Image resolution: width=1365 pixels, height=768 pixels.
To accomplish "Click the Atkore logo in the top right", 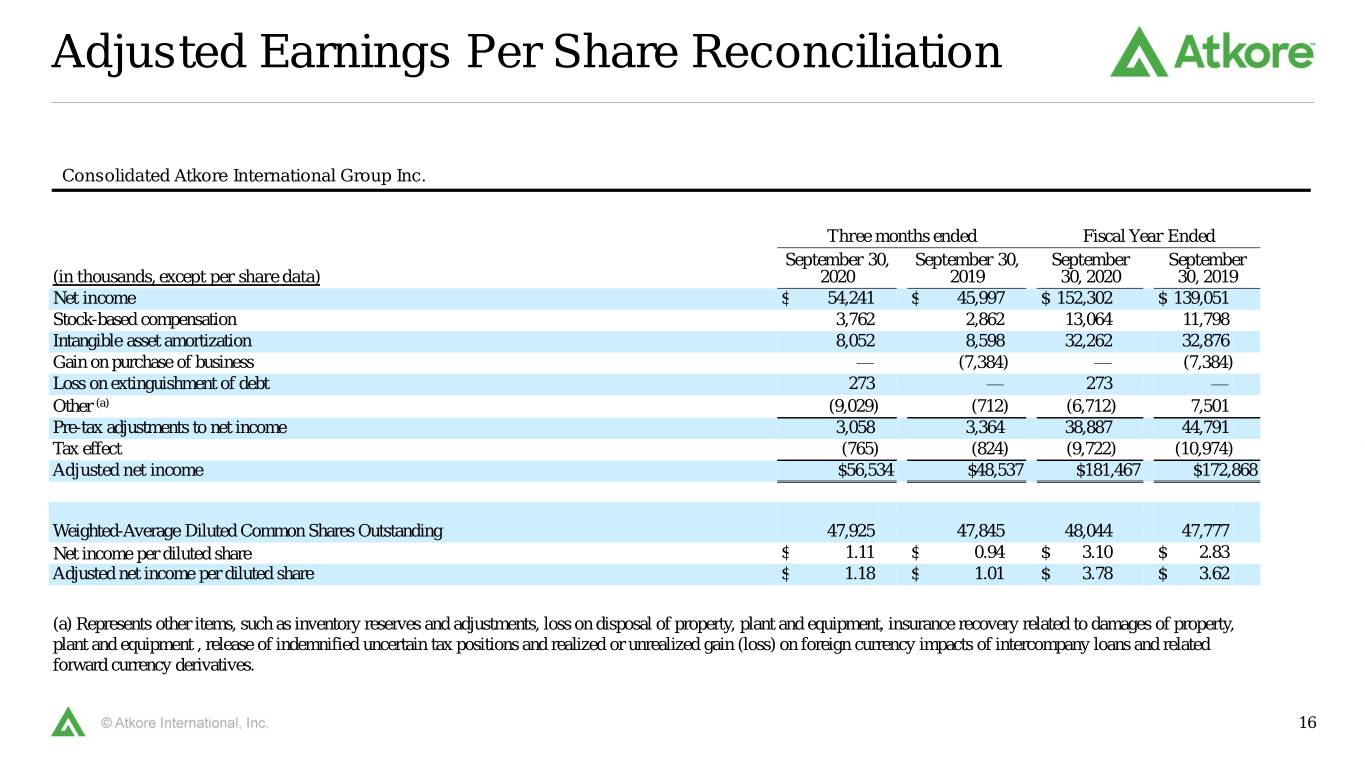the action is click(x=1212, y=52).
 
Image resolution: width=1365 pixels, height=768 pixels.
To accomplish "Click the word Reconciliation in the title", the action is click(x=846, y=52).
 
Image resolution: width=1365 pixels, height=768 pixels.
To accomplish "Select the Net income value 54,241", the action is click(x=850, y=298).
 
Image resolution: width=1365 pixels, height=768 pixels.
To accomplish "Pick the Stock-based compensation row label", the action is click(x=144, y=319).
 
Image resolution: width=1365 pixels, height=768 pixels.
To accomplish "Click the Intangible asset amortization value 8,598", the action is click(x=985, y=341).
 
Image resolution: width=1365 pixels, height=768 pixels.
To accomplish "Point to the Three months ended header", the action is click(x=901, y=236).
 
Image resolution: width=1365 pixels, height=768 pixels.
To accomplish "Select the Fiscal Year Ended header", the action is click(x=1148, y=236).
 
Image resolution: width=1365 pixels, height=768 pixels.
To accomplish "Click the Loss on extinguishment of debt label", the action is click(x=161, y=383).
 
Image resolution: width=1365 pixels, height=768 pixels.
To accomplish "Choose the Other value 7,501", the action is click(x=1210, y=406).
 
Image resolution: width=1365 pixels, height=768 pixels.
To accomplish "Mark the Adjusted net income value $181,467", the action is click(x=1108, y=470).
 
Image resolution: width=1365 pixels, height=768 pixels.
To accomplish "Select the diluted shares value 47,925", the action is click(x=851, y=531).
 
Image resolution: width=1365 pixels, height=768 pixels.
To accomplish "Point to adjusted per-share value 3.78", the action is click(x=1097, y=574).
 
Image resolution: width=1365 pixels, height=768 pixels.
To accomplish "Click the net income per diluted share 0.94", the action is click(x=989, y=552).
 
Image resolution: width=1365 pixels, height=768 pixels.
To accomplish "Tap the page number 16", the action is click(x=1308, y=722).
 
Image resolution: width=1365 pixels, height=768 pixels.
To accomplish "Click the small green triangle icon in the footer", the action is click(x=68, y=722).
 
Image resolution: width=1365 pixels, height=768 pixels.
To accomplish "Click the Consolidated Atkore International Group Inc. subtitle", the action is click(x=244, y=176).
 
